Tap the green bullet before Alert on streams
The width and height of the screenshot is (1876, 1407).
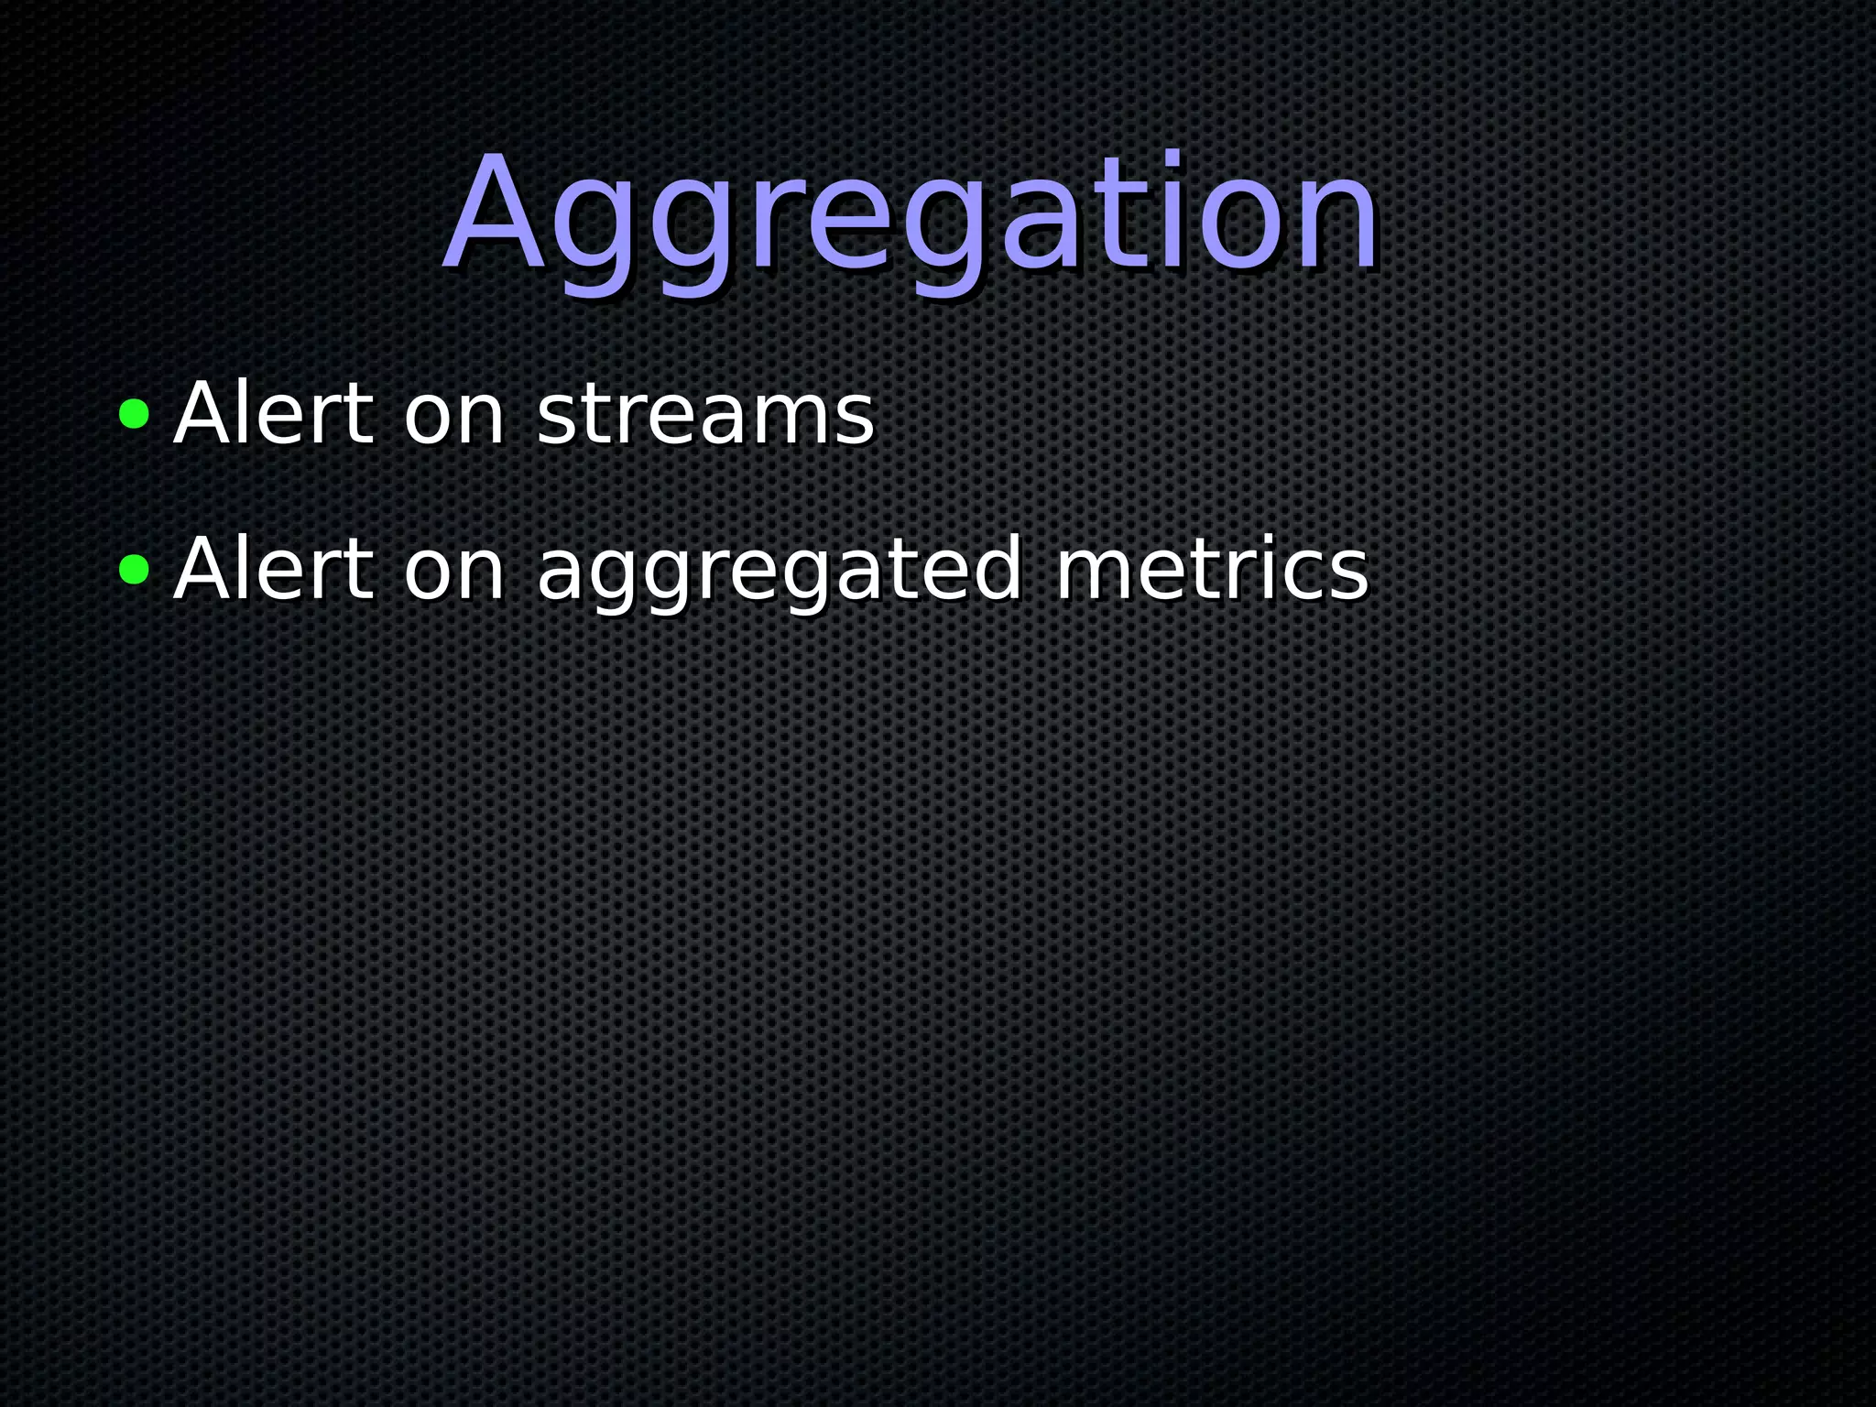click(x=134, y=414)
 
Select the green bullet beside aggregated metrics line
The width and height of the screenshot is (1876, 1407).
click(x=134, y=569)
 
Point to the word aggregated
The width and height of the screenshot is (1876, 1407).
click(x=779, y=573)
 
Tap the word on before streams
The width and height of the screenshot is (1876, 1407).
click(x=454, y=420)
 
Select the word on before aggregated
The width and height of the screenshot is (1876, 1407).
click(x=454, y=574)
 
